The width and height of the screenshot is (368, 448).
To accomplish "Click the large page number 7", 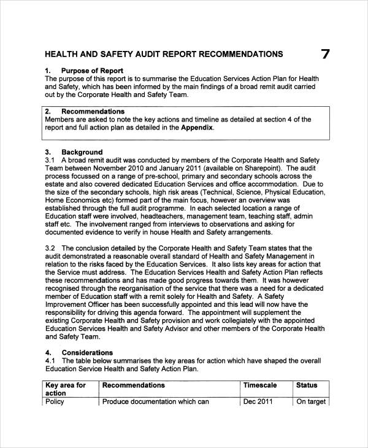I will coord(325,55).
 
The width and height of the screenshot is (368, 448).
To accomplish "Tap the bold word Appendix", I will coord(197,128).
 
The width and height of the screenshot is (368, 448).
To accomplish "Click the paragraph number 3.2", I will coord(51,248).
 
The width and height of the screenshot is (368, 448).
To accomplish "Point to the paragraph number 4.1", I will coord(51,361).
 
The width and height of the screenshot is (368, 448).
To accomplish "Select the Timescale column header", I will coord(260,385).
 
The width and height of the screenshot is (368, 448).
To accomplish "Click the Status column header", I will coord(307,385).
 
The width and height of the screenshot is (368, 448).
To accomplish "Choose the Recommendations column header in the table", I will coord(133,385).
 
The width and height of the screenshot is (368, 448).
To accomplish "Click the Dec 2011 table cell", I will coord(258,402).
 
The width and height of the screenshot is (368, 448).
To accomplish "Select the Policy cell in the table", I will coord(55,402).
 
